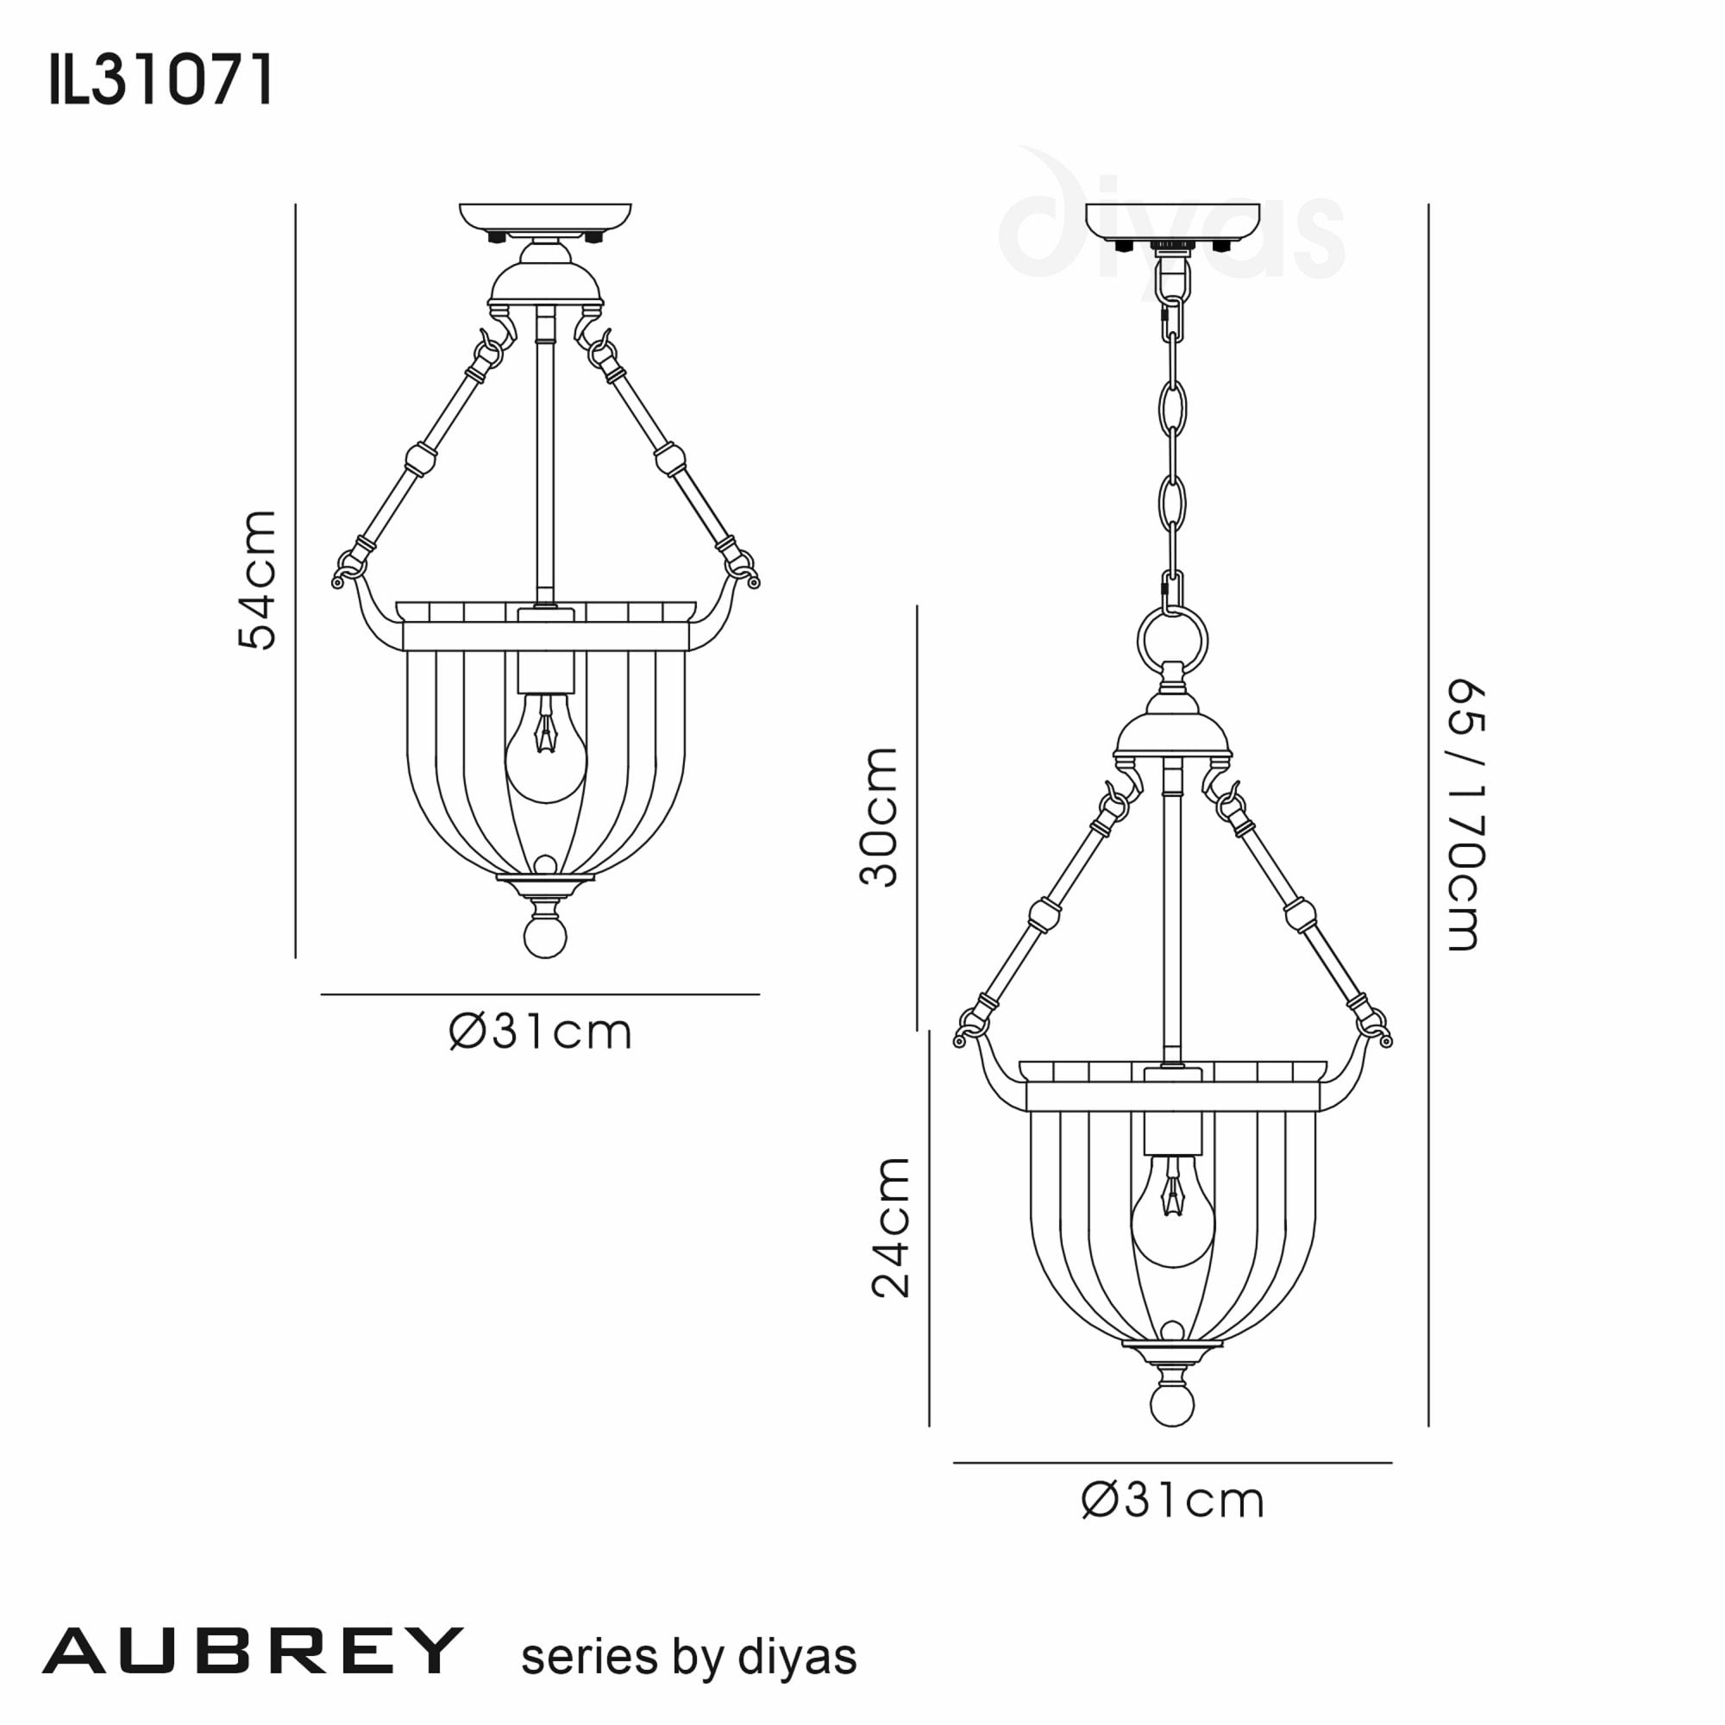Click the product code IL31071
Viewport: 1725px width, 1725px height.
coord(160,80)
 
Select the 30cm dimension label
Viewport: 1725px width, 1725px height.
coord(879,817)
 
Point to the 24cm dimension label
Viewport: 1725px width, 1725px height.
coord(891,1226)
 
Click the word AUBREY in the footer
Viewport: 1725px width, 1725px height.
coord(253,1651)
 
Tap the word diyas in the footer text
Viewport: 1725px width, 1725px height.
coord(797,1656)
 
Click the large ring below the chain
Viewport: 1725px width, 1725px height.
coord(1172,640)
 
